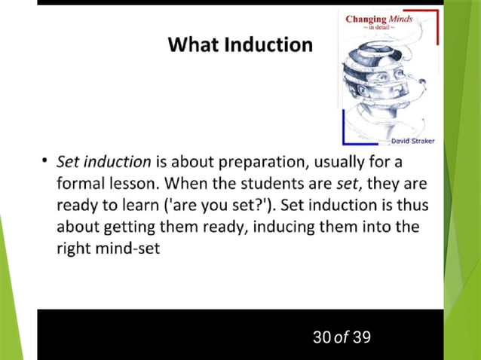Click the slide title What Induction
[240, 44]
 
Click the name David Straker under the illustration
[412, 140]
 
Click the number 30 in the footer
[321, 336]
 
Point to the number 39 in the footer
[361, 336]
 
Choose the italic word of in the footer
[342, 336]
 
